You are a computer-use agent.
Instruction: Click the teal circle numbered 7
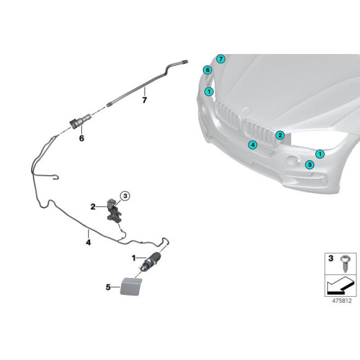tap(220, 59)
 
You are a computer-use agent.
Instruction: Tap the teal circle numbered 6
tap(207, 70)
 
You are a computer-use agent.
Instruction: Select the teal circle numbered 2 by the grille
tap(280, 135)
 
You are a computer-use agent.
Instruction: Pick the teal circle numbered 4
tap(253, 145)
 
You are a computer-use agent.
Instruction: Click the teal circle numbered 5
tap(310, 164)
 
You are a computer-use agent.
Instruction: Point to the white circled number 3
tap(125, 196)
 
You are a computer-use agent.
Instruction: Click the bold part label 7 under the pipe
tap(145, 100)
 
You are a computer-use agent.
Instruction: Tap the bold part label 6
tap(81, 138)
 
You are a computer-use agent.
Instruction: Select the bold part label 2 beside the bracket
tap(92, 207)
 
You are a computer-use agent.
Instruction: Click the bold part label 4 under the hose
tap(88, 242)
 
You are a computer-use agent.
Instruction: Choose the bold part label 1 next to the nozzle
tap(133, 258)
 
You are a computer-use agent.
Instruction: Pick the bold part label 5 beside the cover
tap(108, 287)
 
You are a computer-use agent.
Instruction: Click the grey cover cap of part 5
tap(130, 286)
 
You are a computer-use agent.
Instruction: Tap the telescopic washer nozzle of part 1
tap(151, 261)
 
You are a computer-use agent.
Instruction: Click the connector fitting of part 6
tap(80, 121)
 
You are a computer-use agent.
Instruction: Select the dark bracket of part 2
tap(114, 210)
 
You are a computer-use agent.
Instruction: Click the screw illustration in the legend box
tap(344, 263)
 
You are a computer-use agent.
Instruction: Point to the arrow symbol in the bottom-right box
tap(340, 286)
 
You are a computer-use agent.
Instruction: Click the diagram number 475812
tap(341, 300)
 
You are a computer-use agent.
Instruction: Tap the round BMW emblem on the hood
tap(248, 111)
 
